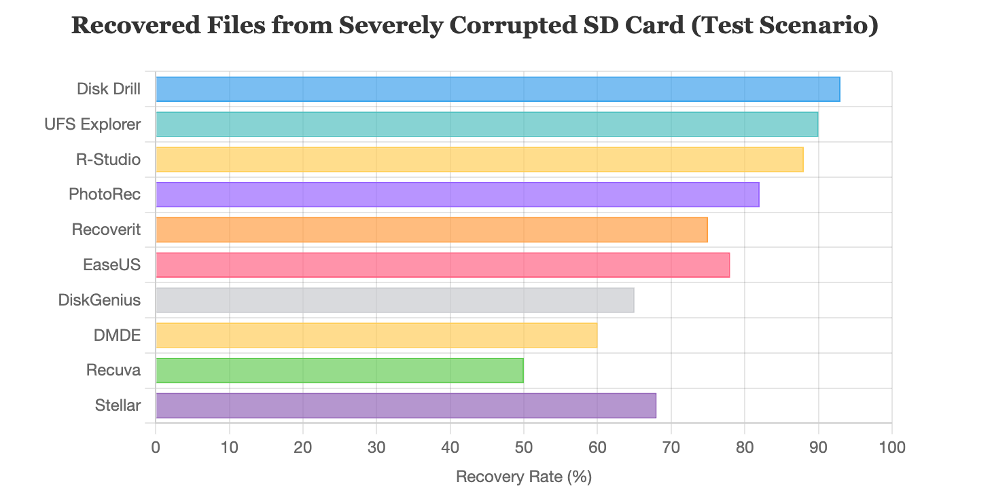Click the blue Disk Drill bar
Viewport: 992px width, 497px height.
coord(497,90)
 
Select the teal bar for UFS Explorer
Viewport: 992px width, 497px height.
coord(486,125)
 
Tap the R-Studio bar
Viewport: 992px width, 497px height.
coord(479,160)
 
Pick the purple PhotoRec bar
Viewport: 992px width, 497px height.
coord(457,195)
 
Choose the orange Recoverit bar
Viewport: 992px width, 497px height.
coord(431,230)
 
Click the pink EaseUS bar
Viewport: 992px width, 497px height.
coord(442,265)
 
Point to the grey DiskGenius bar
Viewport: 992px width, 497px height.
coord(395,300)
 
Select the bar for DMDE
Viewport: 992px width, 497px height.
coord(376,335)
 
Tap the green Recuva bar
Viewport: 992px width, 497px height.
coord(340,371)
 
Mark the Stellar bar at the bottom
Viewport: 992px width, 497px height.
coord(406,406)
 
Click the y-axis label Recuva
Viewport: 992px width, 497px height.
coord(113,371)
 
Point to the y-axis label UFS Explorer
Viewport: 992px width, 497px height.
coord(92,125)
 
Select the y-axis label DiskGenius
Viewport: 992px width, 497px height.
coord(99,300)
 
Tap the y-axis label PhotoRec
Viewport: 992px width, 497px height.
coord(105,195)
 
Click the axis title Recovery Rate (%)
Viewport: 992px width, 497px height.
coord(523,477)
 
